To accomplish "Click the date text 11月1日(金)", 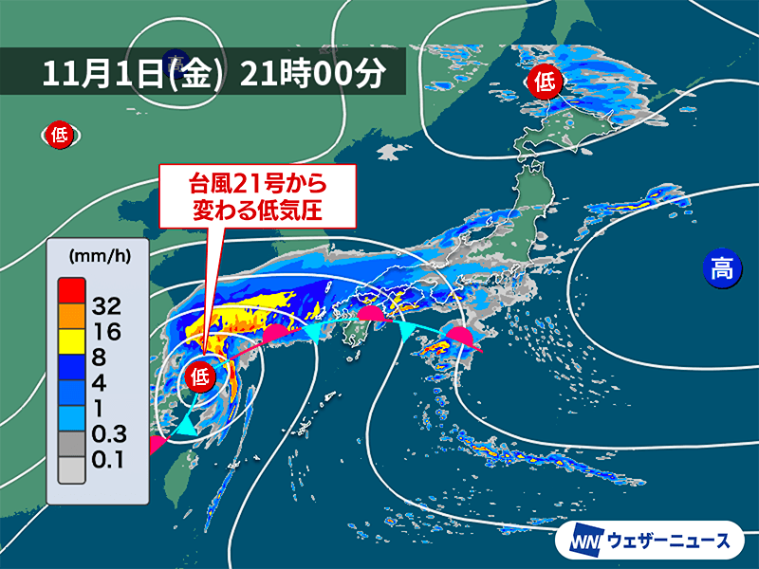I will tap(133, 73).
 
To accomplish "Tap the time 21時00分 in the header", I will tap(313, 73).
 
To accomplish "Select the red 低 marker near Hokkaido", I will tap(545, 81).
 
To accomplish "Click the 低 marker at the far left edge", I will tap(58, 136).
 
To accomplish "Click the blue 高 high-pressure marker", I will tap(722, 268).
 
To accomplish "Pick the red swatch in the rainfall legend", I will tap(71, 284).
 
